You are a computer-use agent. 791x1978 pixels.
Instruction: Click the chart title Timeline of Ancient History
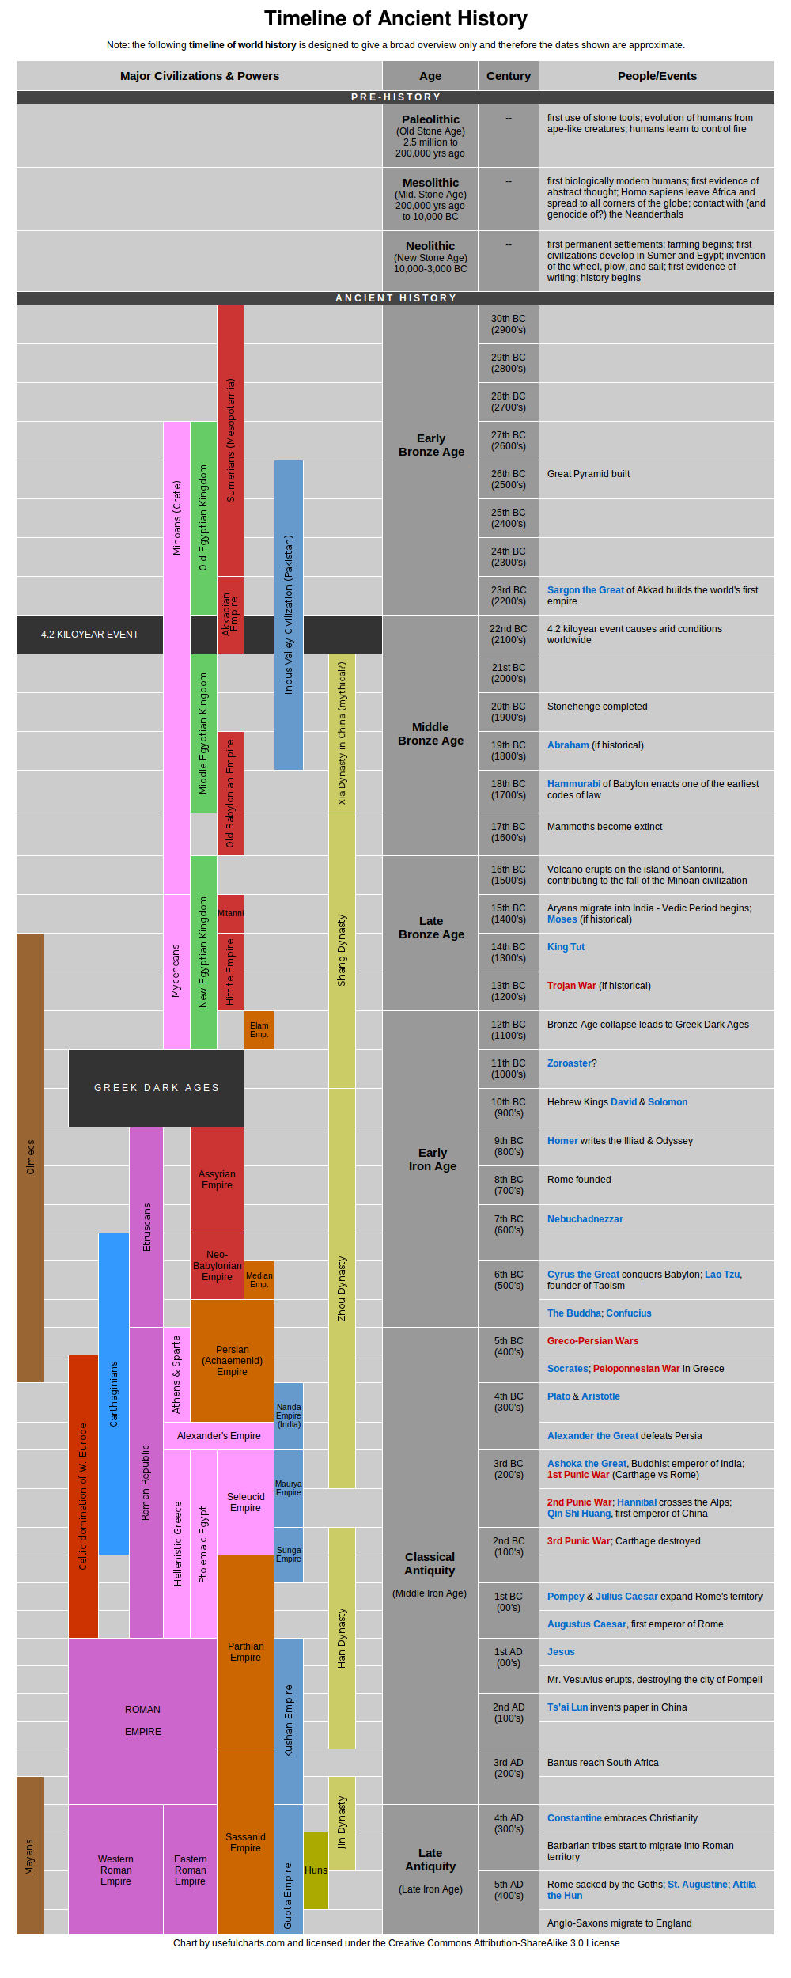point(395,18)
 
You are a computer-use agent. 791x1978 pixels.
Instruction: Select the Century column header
point(508,76)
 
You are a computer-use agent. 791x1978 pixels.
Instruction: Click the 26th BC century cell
point(508,479)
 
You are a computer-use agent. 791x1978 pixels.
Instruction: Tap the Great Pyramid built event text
point(589,474)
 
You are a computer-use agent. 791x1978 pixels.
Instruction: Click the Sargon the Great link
point(585,590)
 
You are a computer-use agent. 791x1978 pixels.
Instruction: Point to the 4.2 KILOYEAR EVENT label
point(89,635)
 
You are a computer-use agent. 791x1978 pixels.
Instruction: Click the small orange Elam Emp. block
point(259,1030)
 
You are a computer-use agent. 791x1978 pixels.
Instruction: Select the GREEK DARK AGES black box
point(156,1088)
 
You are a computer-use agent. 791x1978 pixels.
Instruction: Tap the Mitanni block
point(230,914)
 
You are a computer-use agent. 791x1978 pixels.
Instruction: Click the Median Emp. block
point(259,1280)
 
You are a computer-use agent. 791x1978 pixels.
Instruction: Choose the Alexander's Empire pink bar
point(218,1436)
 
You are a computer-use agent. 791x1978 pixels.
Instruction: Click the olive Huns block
point(316,1870)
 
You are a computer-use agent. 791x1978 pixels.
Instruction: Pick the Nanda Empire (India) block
point(288,1416)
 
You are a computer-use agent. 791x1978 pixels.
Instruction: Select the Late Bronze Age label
point(430,927)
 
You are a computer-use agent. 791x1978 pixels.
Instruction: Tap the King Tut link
point(566,947)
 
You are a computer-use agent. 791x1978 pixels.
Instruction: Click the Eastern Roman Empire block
point(190,1870)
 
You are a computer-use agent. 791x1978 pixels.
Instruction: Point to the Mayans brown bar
point(30,1855)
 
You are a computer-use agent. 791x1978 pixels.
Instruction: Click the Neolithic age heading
point(430,246)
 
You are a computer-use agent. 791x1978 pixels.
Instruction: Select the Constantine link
point(574,1818)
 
